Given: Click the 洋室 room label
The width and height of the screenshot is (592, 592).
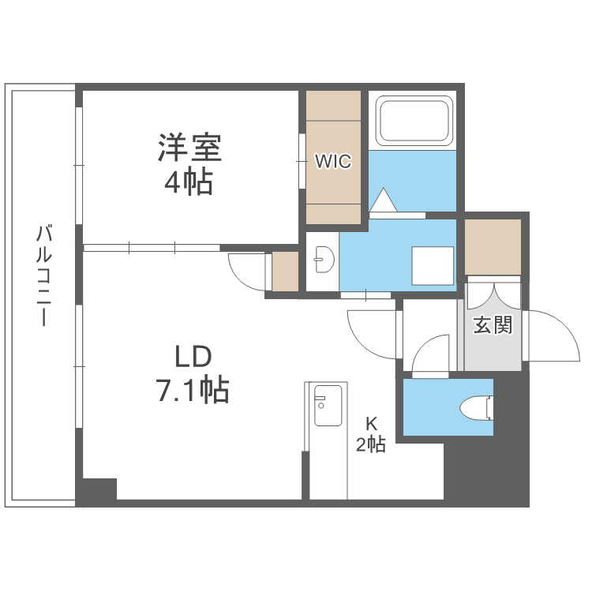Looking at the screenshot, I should click(189, 148).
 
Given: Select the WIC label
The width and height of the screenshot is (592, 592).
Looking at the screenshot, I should click(332, 161).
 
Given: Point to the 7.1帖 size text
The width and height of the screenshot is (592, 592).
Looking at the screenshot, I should click(190, 389).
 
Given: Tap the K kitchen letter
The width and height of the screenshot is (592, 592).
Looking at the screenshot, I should click(370, 422).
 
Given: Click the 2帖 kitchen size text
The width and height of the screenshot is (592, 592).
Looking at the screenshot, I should click(370, 444).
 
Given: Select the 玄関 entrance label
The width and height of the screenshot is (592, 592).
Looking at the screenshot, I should click(493, 324).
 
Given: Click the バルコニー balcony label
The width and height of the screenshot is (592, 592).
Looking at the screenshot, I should click(45, 275).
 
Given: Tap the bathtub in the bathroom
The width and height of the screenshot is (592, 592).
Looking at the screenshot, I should click(413, 121).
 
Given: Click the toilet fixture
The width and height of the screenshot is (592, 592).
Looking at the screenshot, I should click(476, 407).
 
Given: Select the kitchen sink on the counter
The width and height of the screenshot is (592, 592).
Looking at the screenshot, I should click(327, 401).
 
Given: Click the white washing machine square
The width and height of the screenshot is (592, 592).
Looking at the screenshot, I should click(433, 265).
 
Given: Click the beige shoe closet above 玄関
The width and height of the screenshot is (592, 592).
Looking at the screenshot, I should click(493, 246).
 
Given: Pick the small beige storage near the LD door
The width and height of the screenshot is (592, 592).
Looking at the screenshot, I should click(284, 272).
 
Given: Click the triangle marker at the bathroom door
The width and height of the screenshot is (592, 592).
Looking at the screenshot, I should click(384, 200).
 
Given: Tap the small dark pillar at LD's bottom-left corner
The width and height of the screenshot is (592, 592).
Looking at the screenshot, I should click(97, 490).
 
